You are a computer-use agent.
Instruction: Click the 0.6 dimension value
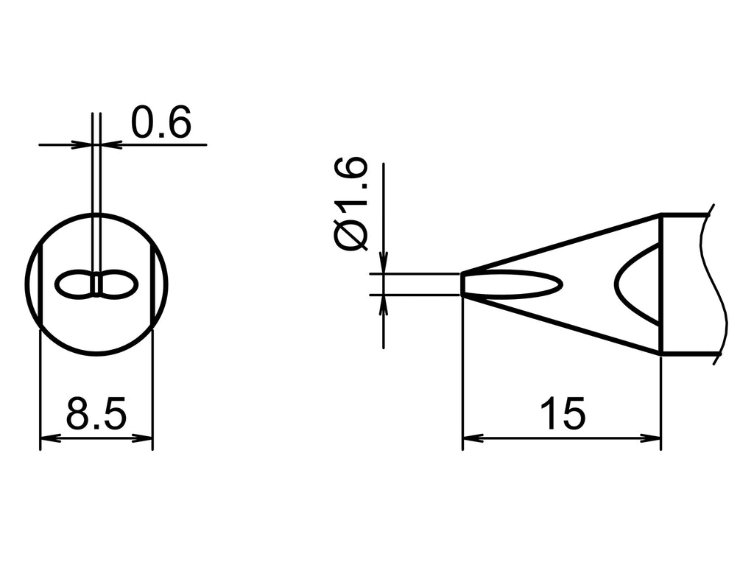161,123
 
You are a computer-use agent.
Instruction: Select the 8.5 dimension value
96,414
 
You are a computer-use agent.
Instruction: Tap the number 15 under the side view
562,414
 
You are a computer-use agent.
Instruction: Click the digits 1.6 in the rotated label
352,185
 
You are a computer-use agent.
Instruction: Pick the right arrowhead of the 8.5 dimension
145,438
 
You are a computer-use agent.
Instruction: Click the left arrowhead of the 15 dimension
471,438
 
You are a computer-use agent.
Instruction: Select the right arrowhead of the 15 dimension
653,438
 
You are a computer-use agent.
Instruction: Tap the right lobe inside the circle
119,285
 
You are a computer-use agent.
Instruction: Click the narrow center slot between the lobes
96,285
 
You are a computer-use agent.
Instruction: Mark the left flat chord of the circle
40,285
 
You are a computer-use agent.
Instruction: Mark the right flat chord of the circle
152,285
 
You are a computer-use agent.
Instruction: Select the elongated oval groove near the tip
515,284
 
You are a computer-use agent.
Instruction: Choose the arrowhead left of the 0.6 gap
84,144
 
